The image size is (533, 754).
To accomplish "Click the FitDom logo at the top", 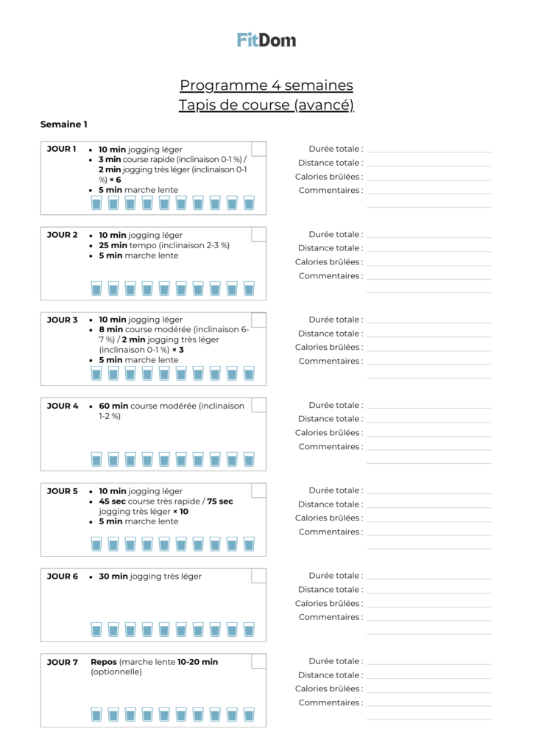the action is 266,40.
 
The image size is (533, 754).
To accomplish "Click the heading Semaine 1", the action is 63,124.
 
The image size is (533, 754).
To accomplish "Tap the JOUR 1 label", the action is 61,149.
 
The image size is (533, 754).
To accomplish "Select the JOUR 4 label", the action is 63,406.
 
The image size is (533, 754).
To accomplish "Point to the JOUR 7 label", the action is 63,662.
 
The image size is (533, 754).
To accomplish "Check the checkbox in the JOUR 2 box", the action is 258,234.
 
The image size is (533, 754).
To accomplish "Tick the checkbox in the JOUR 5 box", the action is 258,490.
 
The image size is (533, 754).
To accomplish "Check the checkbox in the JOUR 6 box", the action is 258,576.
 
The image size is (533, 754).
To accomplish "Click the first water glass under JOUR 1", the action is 96,202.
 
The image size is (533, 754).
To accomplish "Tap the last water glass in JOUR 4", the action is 249,459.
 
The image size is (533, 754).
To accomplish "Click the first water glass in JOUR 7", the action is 96,715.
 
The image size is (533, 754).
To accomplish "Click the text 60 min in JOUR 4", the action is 113,406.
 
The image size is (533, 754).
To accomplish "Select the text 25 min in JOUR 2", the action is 113,245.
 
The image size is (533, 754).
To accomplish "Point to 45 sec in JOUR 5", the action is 113,501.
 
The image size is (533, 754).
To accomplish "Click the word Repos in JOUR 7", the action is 104,662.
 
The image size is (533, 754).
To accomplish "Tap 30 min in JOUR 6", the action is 113,577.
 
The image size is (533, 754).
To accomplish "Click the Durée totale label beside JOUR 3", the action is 336,320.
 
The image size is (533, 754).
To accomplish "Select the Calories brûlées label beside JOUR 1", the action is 329,177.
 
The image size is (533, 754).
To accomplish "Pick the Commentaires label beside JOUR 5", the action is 331,532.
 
